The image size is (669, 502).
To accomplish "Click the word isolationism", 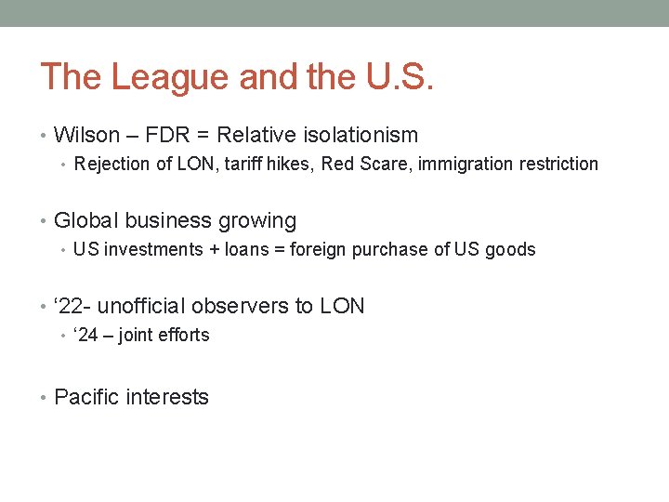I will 361,135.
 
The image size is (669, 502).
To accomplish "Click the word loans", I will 254,249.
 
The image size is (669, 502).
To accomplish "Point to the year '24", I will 86,335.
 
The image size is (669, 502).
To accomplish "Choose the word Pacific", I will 86,397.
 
